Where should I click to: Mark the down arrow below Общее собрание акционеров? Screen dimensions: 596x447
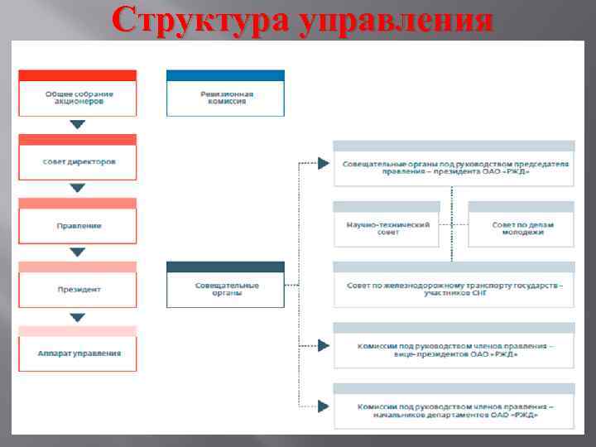point(78,125)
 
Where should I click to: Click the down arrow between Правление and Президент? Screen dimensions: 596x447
point(78,252)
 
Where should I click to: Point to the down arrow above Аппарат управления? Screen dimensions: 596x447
point(78,317)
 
